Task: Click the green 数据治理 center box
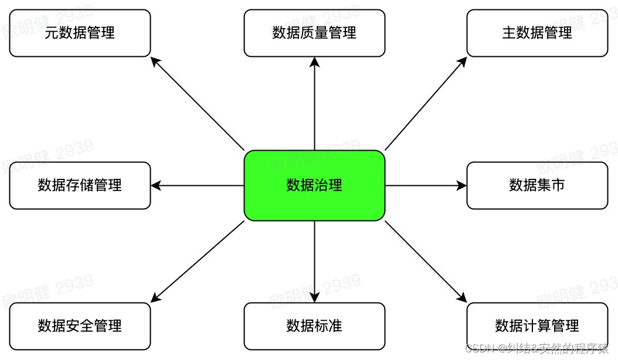coord(314,185)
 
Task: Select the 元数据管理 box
coord(80,33)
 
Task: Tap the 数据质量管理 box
coord(314,33)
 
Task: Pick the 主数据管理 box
coord(537,33)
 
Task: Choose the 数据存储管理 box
coord(80,185)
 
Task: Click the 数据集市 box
coord(537,185)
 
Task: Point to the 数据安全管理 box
coord(80,326)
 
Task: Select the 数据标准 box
coord(314,326)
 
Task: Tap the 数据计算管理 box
coord(537,326)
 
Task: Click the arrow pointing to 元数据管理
coord(197,103)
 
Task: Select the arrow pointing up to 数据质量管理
coord(315,103)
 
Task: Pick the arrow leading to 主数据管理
coord(426,103)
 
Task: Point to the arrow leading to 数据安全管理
coord(197,261)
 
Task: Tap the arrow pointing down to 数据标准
coord(315,261)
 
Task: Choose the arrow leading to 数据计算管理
coord(426,261)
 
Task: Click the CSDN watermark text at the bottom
coord(536,349)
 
